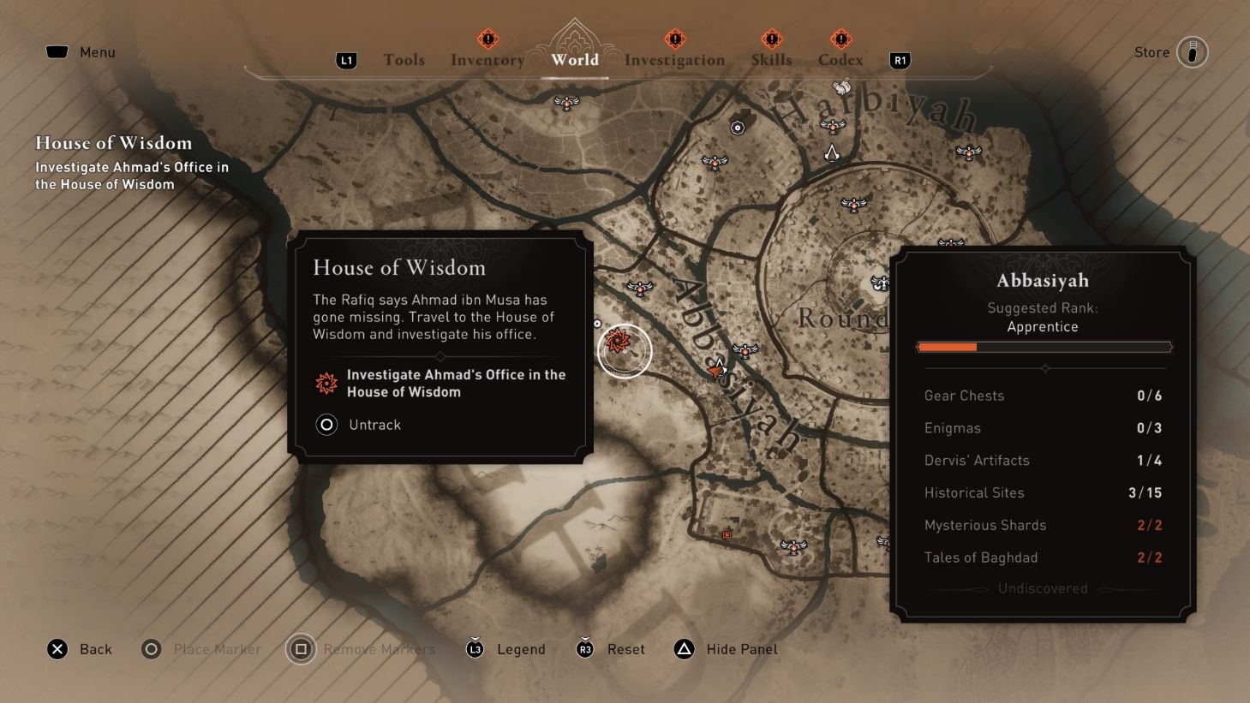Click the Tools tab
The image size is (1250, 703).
404,60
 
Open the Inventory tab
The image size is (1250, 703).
487,60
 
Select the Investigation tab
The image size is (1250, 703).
674,60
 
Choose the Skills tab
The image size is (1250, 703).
771,60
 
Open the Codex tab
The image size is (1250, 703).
840,60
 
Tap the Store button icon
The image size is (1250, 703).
1192,52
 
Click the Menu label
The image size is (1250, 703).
97,52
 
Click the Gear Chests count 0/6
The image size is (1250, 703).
1149,396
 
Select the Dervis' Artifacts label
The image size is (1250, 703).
977,461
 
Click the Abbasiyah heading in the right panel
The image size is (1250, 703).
1042,281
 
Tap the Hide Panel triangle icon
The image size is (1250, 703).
684,649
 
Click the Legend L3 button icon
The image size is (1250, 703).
475,649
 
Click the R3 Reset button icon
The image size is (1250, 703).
585,649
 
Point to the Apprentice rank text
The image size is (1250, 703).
1042,327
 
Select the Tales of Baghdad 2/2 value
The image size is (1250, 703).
1149,558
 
